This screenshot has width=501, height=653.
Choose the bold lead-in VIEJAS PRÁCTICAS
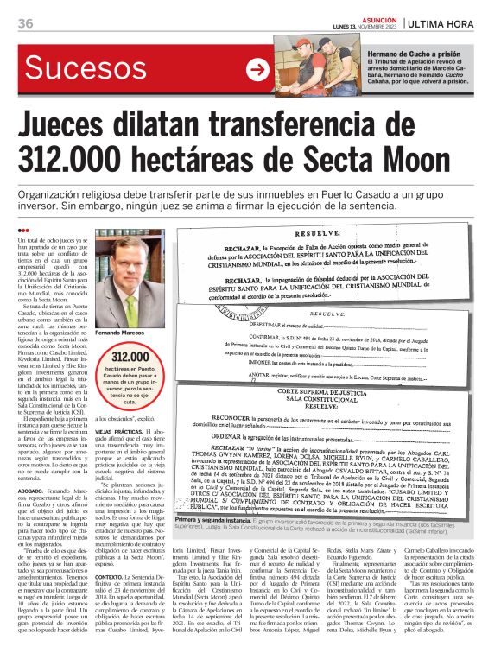[132, 430]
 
